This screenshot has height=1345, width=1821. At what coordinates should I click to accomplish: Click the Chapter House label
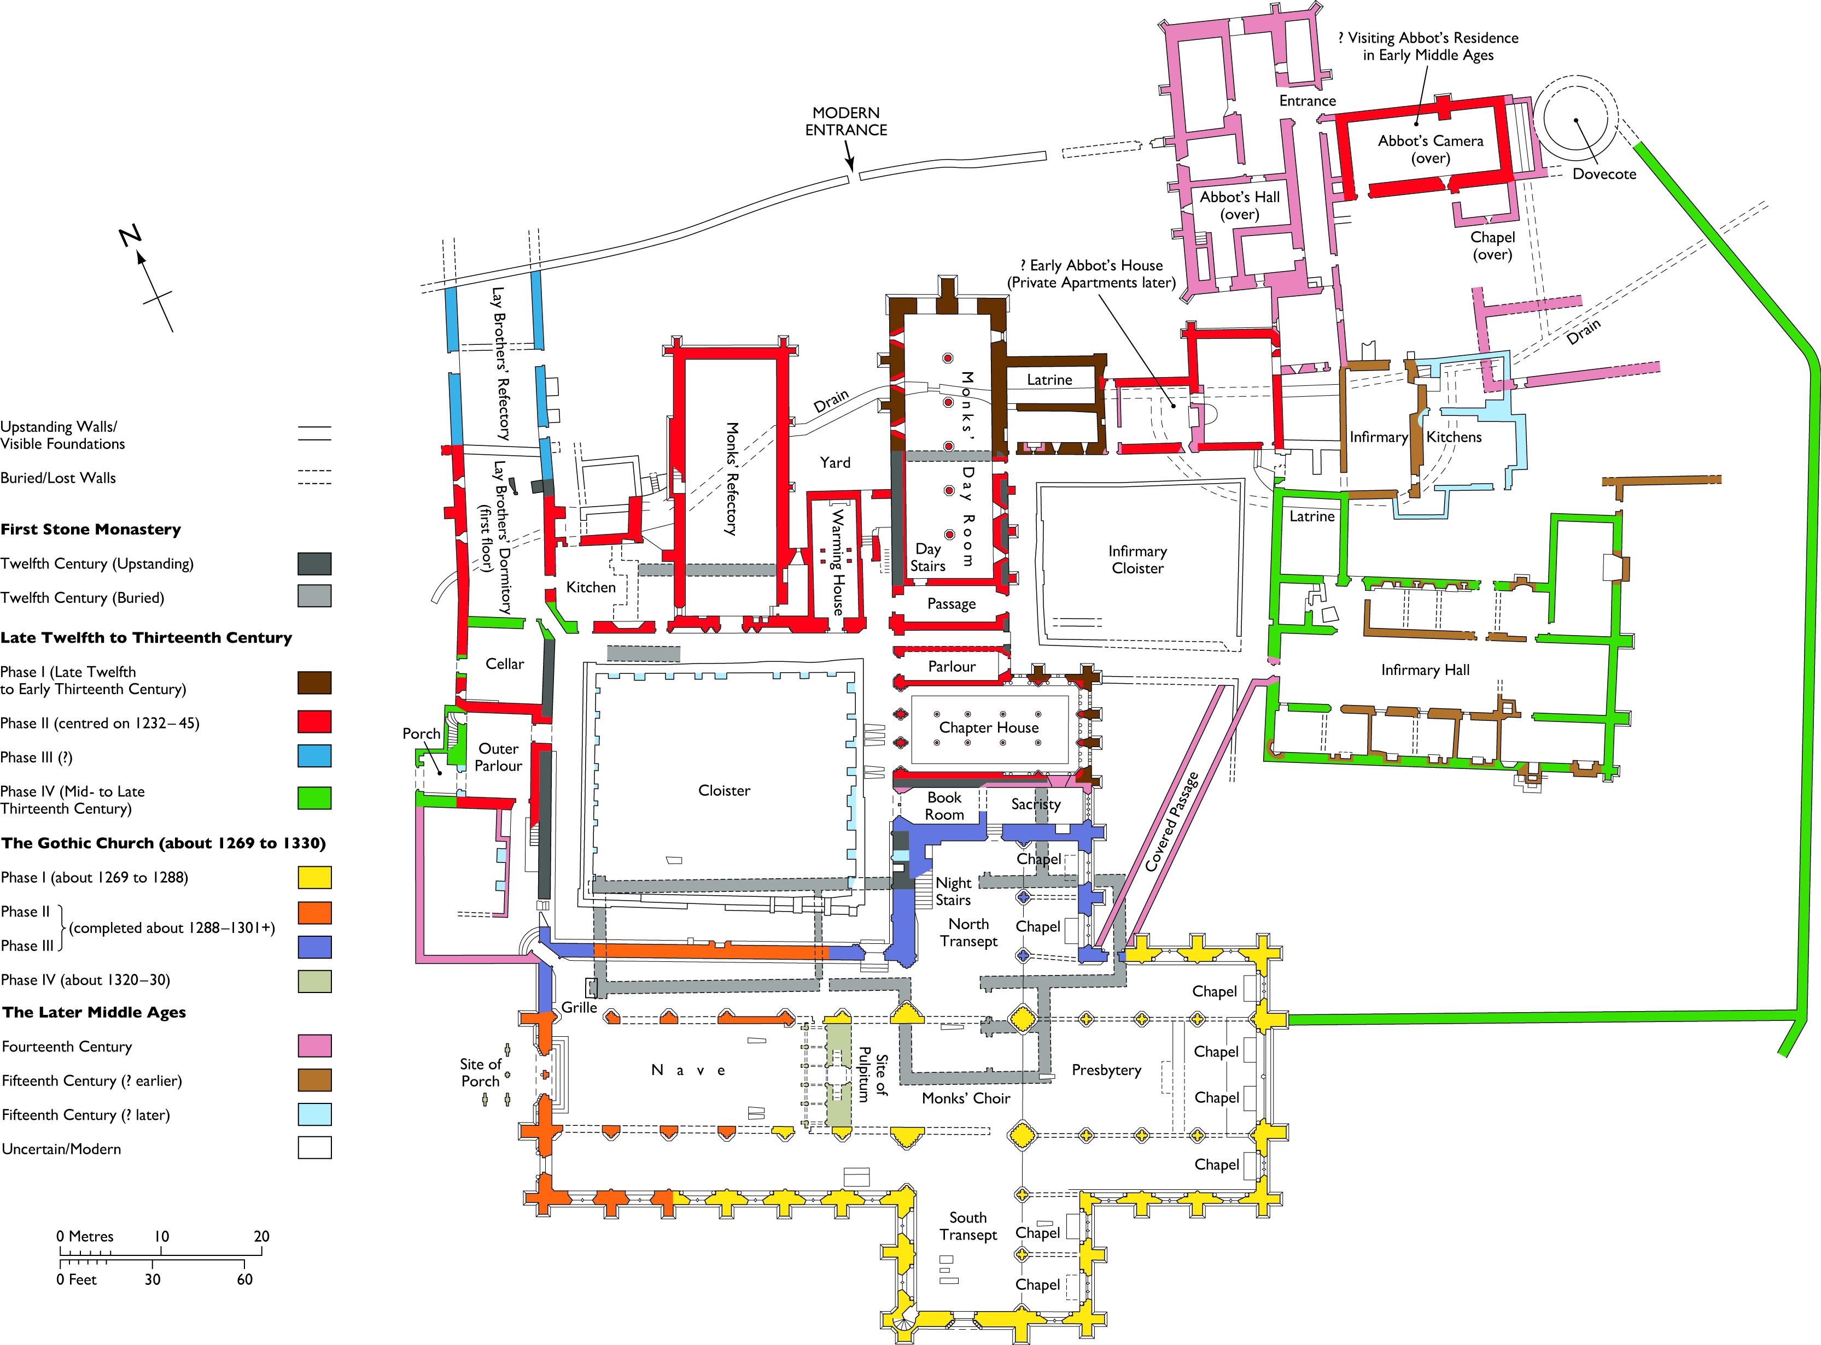[x=989, y=728]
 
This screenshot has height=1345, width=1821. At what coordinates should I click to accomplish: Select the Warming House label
[x=837, y=562]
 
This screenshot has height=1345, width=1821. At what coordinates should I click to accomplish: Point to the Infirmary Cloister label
[x=1138, y=560]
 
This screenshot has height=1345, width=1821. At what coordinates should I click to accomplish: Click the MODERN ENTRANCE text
[x=846, y=121]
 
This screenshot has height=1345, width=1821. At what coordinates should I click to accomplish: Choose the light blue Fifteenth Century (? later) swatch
[x=314, y=1114]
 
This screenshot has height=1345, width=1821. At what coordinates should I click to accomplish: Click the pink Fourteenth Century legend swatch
[x=314, y=1046]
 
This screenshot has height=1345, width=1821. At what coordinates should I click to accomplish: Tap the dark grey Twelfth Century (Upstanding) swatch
[x=314, y=563]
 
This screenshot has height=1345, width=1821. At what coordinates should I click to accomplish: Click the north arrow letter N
[x=130, y=237]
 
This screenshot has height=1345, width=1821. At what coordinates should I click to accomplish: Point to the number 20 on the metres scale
[x=261, y=1236]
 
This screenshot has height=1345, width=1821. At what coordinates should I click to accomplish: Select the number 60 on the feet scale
[x=244, y=1279]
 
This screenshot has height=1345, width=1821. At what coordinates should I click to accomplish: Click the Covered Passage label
[x=1172, y=823]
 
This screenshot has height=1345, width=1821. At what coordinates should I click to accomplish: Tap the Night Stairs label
[x=953, y=891]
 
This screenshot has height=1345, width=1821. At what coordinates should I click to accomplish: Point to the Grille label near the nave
[x=579, y=1008]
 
